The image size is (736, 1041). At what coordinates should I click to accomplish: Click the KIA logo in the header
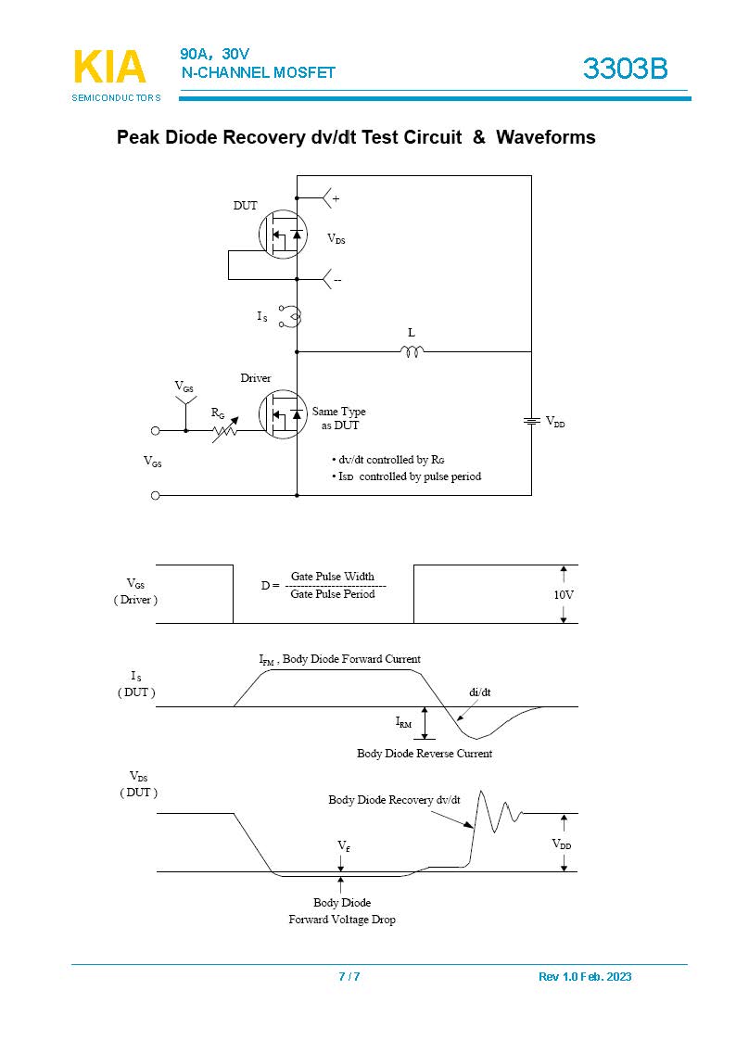click(x=108, y=68)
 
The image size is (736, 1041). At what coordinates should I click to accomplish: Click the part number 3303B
click(x=625, y=69)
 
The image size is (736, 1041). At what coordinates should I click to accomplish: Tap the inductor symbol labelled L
click(x=412, y=351)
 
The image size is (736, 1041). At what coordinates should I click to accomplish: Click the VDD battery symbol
click(x=531, y=422)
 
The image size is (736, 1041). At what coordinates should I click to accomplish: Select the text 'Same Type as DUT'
click(x=339, y=418)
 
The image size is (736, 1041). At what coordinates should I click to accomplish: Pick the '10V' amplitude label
click(x=564, y=594)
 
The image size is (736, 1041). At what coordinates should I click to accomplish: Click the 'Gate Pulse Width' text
click(x=333, y=577)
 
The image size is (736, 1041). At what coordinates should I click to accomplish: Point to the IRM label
click(x=404, y=721)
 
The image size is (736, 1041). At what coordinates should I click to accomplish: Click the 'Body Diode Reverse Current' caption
click(x=425, y=754)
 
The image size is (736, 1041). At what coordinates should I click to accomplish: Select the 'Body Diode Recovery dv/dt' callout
click(x=395, y=799)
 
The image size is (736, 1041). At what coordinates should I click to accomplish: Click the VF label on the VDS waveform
click(x=343, y=846)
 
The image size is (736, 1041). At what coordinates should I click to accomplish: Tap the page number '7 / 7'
click(x=349, y=977)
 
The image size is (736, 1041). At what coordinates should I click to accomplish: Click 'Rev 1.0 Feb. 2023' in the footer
click(x=585, y=977)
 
